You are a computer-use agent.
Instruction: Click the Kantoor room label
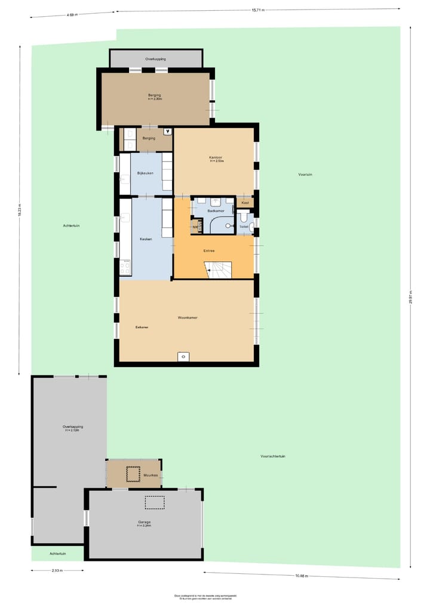pos(216,157)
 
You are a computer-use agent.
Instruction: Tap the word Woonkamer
pos(187,317)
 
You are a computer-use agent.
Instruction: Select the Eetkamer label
pos(142,327)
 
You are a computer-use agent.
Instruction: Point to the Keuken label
pos(146,239)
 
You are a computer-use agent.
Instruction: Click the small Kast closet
pos(245,203)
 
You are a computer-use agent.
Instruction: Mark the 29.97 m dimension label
pos(410,301)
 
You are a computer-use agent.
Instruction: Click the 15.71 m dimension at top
pos(257,10)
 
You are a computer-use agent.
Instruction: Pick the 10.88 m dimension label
pos(301,576)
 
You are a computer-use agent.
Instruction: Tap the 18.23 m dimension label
pos(19,211)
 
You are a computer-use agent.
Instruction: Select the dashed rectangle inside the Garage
pos(154,502)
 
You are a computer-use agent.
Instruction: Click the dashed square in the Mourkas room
pos(133,473)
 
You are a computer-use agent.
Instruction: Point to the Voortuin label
pos(305,175)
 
